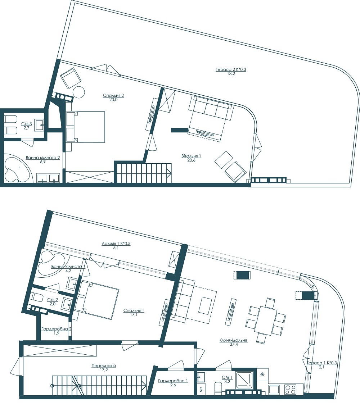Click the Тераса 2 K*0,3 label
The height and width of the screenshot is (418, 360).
click(x=231, y=69)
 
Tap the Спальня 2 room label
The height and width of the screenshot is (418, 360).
click(x=113, y=95)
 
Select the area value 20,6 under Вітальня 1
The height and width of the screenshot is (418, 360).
click(x=191, y=161)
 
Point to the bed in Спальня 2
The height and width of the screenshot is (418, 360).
click(x=86, y=127)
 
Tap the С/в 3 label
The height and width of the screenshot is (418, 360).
click(x=26, y=123)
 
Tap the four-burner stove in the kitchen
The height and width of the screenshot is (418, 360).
click(x=290, y=390)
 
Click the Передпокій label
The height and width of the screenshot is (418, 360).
click(x=103, y=365)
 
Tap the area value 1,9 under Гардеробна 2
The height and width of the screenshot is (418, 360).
click(x=56, y=333)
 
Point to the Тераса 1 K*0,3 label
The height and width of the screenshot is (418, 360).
click(x=322, y=363)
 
